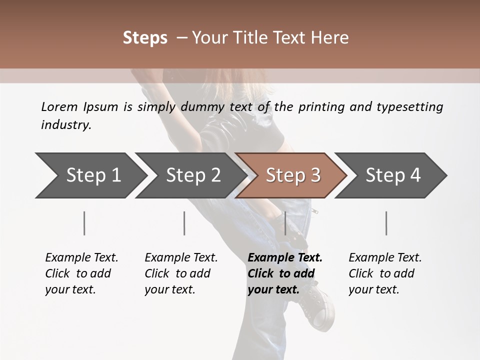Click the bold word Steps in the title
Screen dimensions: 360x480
tap(145, 37)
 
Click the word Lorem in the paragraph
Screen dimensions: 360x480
tap(59, 106)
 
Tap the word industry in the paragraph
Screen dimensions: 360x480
tap(65, 124)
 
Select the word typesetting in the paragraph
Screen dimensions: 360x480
tap(415, 106)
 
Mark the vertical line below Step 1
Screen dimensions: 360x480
tap(84, 223)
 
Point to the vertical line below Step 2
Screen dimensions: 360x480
tap(184, 223)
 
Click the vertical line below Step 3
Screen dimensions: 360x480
tap(285, 223)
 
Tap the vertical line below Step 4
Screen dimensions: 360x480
tap(386, 223)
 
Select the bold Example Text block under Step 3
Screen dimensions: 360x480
tap(285, 273)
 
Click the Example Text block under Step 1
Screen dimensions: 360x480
tap(81, 273)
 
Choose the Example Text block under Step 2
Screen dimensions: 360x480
tap(181, 273)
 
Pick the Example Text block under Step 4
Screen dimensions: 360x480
tap(385, 273)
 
